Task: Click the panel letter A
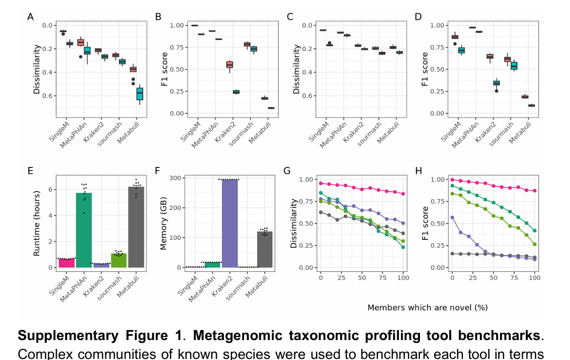click(x=30, y=17)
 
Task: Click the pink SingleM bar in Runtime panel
click(x=66, y=263)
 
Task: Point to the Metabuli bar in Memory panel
click(x=265, y=249)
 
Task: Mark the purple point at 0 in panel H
click(x=452, y=217)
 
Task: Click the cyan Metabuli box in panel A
click(x=140, y=93)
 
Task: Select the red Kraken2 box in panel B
click(x=229, y=65)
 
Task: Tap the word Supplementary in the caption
click(x=66, y=335)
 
